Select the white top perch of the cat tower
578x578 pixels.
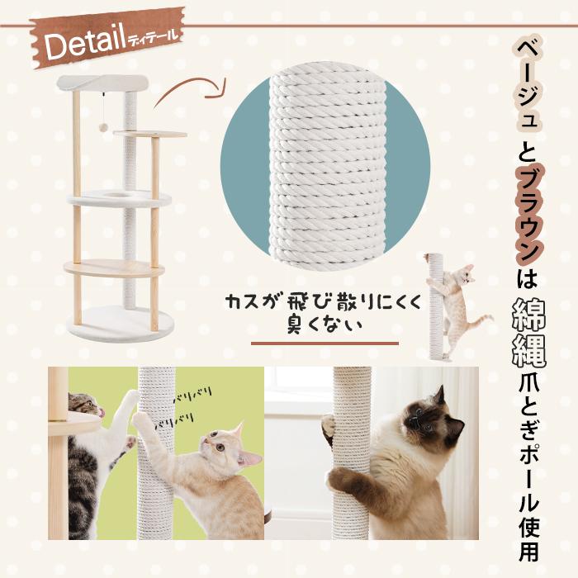tap(102, 83)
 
